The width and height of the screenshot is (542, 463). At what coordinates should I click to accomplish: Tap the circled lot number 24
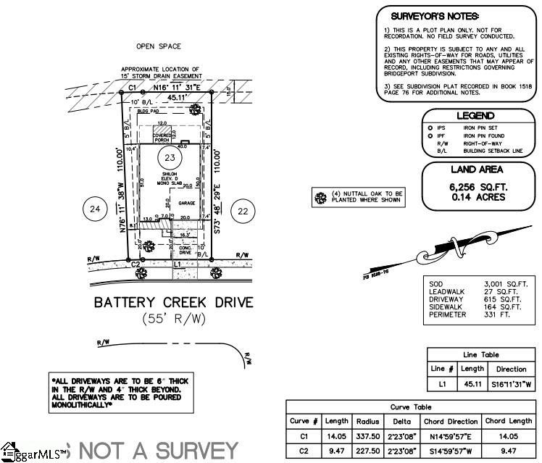tap(93, 210)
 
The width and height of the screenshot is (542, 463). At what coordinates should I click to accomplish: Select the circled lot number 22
tap(243, 211)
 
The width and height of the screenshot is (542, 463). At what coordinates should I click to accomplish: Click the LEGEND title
tap(475, 116)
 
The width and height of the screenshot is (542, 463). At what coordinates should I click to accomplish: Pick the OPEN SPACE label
tap(158, 46)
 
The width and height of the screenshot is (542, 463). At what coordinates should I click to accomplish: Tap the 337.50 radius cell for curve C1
tap(368, 437)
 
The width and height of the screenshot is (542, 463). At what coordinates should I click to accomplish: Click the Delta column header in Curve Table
tap(401, 421)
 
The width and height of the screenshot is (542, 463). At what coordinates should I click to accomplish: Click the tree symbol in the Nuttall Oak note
tap(319, 196)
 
